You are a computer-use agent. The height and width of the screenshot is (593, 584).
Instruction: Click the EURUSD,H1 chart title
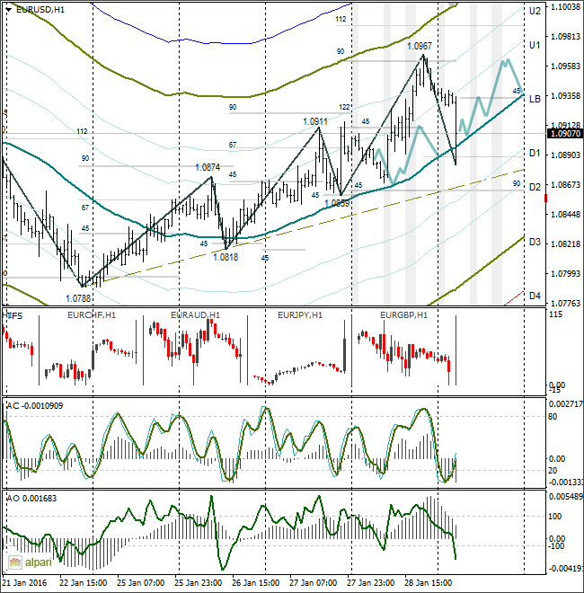[x=40, y=9]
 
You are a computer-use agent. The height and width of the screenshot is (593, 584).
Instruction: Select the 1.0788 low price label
[x=78, y=297]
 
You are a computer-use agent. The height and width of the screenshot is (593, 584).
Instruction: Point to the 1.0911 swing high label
[x=315, y=121]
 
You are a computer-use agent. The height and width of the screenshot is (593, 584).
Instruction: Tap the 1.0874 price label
[x=208, y=167]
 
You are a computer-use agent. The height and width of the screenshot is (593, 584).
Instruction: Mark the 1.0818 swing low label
[x=226, y=256]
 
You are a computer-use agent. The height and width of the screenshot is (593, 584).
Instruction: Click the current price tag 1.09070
[x=563, y=133]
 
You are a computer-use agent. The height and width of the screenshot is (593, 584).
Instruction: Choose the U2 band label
[x=534, y=11]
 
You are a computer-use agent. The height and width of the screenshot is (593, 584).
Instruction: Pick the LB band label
[x=534, y=98]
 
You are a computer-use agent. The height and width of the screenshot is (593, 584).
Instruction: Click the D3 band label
[x=534, y=243]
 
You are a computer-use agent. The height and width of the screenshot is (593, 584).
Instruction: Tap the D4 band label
[x=534, y=295]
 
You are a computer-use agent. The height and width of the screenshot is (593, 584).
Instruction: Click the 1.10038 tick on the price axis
[x=565, y=7]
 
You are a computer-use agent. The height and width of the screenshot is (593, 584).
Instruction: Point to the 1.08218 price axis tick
[x=565, y=244]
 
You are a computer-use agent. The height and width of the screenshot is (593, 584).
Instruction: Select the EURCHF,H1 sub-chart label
[x=91, y=315]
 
